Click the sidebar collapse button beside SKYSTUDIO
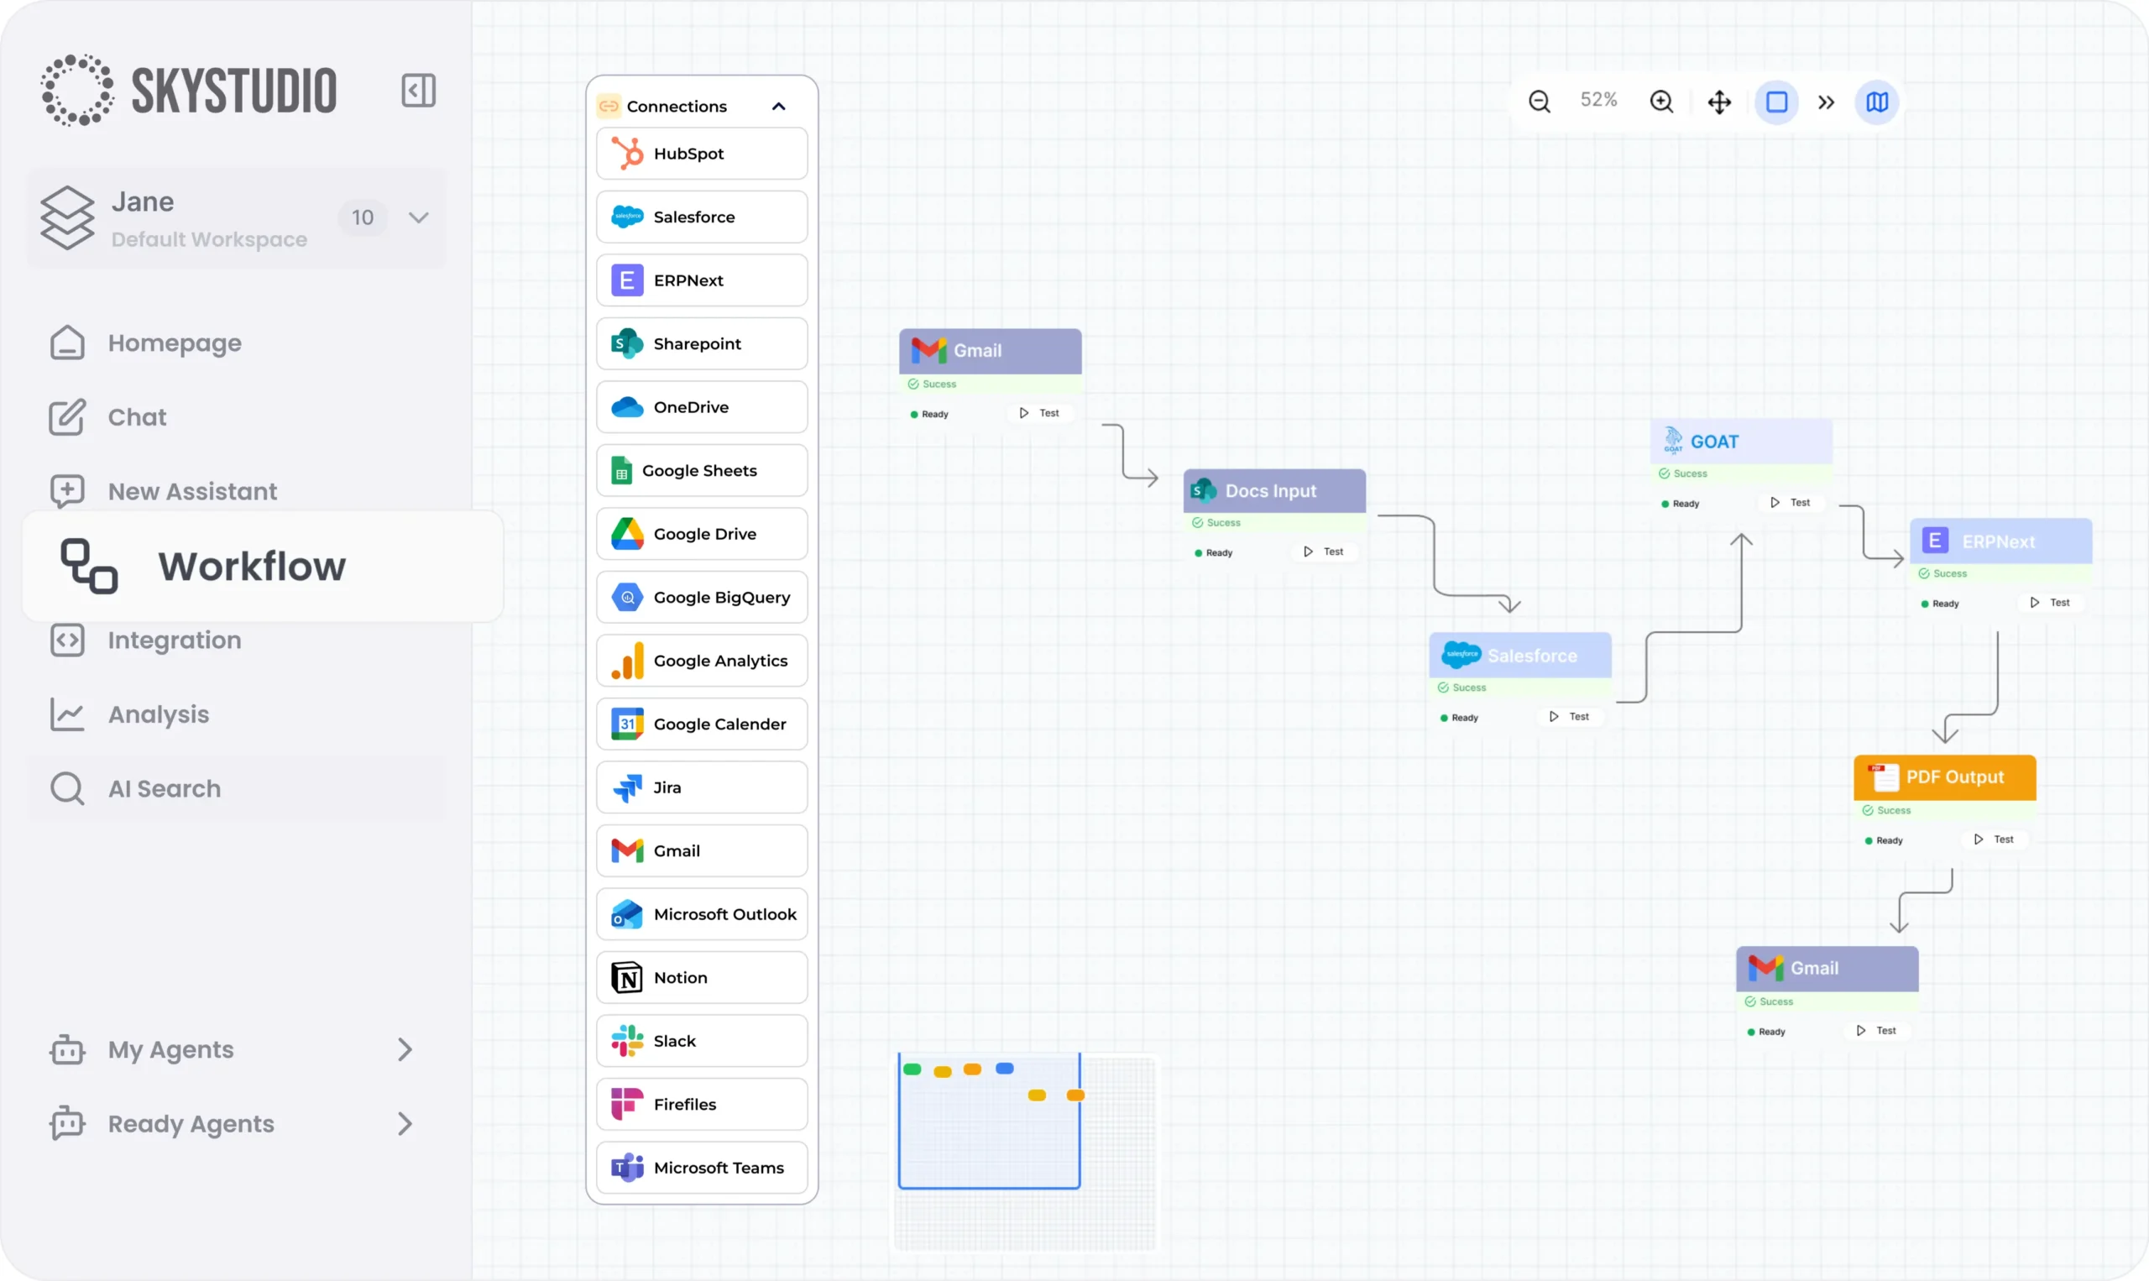(x=418, y=91)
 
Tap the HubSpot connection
(x=701, y=154)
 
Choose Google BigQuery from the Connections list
(x=701, y=598)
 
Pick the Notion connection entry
(x=701, y=977)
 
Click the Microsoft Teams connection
(x=701, y=1167)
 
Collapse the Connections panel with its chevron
(x=778, y=106)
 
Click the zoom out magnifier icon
(x=1539, y=102)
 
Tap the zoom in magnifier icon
(x=1660, y=102)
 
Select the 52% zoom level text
(x=1598, y=100)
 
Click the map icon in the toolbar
(x=1876, y=102)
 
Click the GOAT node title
(x=1713, y=442)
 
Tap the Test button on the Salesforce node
(x=1570, y=716)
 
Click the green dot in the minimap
(x=912, y=1069)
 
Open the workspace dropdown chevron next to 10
(x=419, y=217)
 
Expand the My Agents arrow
(x=405, y=1048)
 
